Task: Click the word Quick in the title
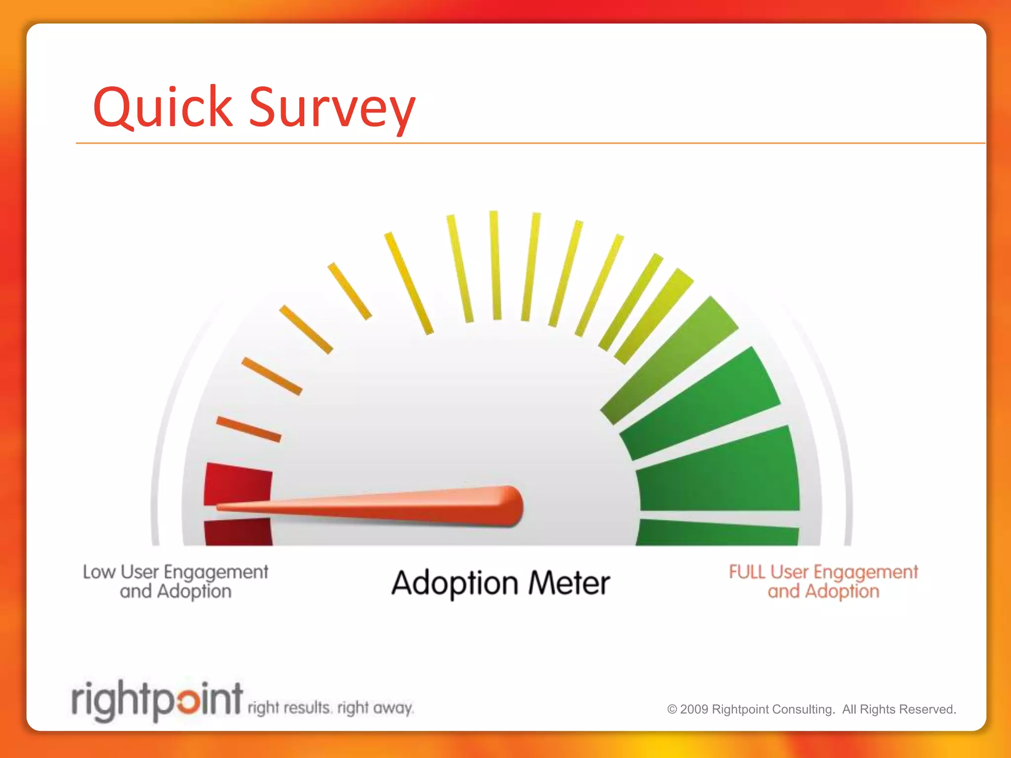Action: click(162, 107)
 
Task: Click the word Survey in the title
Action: click(332, 109)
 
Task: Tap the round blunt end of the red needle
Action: click(513, 506)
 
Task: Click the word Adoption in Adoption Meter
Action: click(455, 584)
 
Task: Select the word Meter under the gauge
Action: click(569, 583)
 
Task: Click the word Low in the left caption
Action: click(99, 572)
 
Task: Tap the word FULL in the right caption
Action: click(747, 572)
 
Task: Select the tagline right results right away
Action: click(330, 708)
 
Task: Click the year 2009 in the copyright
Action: click(694, 709)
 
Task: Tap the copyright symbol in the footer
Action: click(672, 709)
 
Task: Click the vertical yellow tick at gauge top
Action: click(495, 265)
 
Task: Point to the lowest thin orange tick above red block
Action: click(248, 429)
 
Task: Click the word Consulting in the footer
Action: click(803, 709)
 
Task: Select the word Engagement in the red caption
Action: click(865, 572)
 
